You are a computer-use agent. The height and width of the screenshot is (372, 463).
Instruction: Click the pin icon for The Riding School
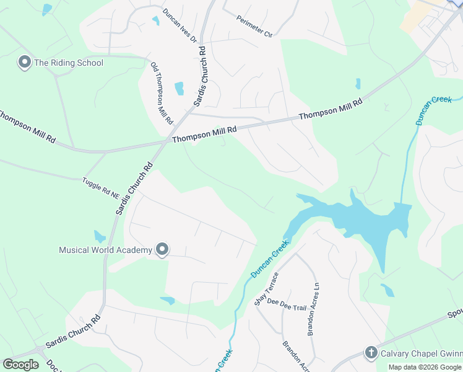25,62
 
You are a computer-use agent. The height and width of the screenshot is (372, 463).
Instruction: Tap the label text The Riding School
69,63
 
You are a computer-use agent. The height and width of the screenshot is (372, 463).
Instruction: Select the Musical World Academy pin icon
162,250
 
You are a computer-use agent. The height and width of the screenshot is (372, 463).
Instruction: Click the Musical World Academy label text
105,250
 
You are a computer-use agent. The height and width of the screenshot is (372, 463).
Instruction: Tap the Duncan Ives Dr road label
180,25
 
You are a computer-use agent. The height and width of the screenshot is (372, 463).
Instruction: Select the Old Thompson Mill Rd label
162,92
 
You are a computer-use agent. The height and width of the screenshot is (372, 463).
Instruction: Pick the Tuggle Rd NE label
101,188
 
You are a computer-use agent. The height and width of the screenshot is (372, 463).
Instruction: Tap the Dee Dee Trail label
287,304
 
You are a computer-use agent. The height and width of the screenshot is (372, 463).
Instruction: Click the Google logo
21,365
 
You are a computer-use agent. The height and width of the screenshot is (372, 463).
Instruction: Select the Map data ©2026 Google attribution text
425,367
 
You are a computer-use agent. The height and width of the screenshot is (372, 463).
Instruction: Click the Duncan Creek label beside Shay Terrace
270,259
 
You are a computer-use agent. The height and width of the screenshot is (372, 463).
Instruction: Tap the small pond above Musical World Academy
99,236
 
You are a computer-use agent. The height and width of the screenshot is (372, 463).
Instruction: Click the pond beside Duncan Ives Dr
155,20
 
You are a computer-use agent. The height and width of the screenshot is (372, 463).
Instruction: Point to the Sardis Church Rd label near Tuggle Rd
133,188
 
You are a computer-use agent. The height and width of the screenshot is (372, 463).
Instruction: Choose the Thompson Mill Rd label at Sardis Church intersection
204,135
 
